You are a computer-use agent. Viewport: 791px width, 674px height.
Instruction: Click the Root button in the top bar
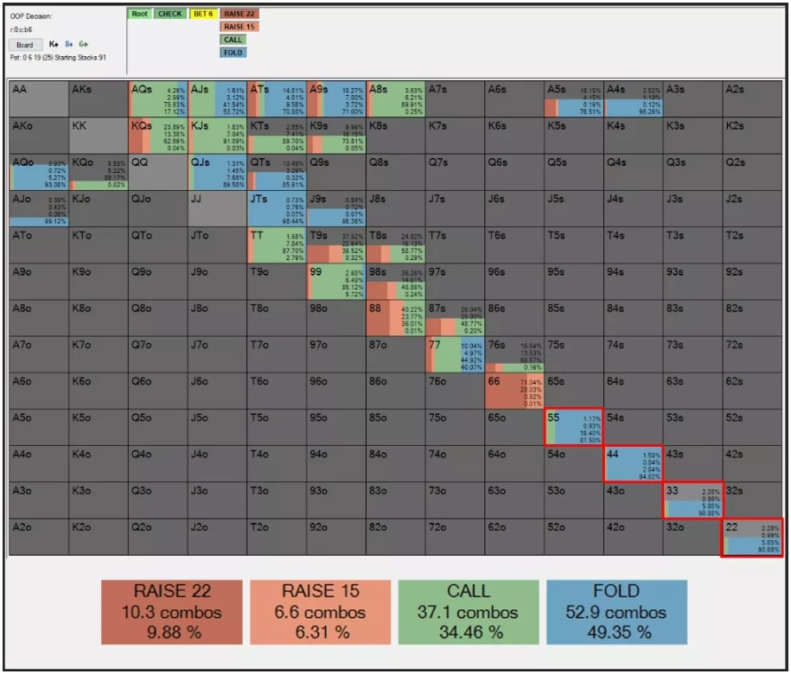[140, 14]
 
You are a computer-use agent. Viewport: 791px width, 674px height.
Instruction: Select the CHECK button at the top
[170, 14]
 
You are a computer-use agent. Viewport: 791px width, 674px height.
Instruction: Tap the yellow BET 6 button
[203, 14]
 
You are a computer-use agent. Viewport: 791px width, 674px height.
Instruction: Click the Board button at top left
[25, 45]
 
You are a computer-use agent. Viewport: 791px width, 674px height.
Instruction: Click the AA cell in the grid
[39, 99]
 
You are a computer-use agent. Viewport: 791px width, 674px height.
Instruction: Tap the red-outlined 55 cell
[574, 427]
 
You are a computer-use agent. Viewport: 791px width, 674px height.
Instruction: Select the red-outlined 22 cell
[752, 537]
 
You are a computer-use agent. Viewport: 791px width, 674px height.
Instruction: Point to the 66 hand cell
[514, 391]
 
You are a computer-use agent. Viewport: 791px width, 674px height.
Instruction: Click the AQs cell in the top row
[158, 99]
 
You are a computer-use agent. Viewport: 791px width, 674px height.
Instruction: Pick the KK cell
[99, 136]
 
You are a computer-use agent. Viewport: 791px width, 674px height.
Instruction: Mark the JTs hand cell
[277, 208]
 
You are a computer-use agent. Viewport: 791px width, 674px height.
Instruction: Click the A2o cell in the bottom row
[39, 537]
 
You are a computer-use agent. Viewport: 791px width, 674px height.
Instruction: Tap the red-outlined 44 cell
[633, 464]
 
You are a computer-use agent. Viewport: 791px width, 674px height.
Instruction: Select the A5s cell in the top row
[574, 99]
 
